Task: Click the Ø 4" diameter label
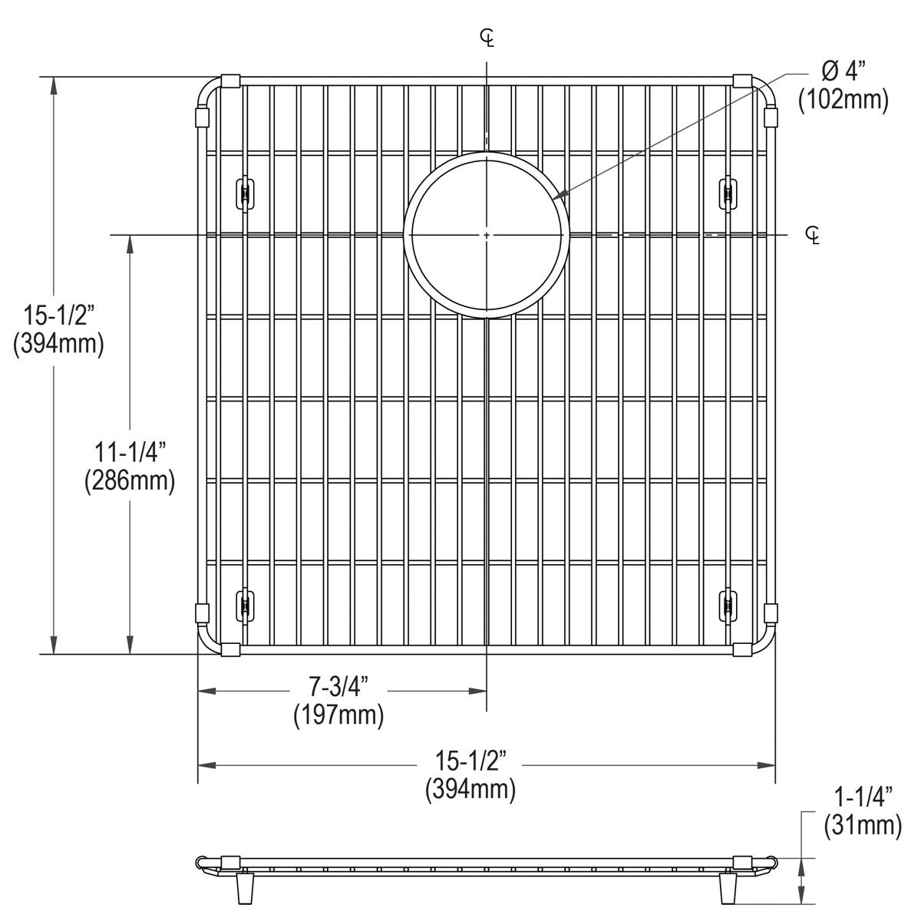point(843,72)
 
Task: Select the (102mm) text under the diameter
point(843,100)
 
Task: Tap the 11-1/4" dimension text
point(129,453)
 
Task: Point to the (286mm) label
point(129,480)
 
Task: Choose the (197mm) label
point(338,715)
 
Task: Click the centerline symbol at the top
point(487,37)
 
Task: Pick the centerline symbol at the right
point(813,234)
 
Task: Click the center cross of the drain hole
point(487,234)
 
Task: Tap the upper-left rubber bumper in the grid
point(244,192)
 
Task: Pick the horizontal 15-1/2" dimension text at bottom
point(470,761)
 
